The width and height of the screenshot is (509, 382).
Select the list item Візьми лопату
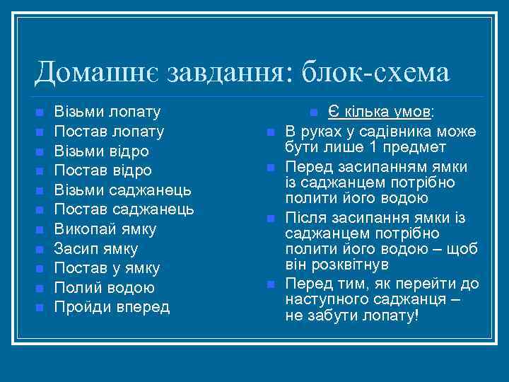click(107, 112)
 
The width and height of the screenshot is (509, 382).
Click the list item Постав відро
click(103, 170)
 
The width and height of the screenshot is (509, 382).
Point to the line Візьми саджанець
click(123, 190)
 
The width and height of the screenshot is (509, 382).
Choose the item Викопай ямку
click(105, 229)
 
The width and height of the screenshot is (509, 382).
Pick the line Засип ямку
click(96, 249)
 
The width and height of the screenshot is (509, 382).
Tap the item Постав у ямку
click(107, 268)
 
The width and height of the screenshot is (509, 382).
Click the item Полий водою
click(104, 288)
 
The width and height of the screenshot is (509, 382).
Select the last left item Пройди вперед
click(112, 307)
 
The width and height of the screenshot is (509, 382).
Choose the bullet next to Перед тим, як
click(271, 284)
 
